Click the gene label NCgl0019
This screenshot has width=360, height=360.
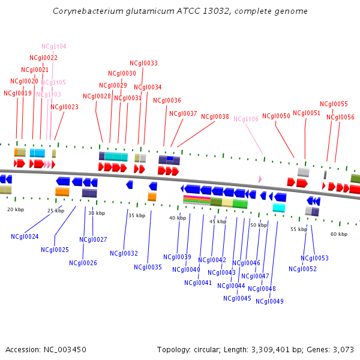[x=17, y=93]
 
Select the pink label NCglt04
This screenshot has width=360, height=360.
[x=53, y=46]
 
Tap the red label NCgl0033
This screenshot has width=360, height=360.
[x=143, y=63]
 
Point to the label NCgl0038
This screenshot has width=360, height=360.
[x=215, y=117]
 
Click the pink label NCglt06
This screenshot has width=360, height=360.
[x=245, y=119]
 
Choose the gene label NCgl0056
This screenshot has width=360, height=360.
[x=340, y=117]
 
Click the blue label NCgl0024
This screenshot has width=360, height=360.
[x=25, y=236]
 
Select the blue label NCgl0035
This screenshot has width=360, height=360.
[x=148, y=267]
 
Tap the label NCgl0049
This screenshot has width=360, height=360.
[x=269, y=301]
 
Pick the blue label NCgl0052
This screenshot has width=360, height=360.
[x=302, y=269]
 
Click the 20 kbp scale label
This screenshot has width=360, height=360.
[x=16, y=209]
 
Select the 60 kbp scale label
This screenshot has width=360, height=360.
[x=338, y=234]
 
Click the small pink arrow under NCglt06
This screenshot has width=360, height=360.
[x=260, y=179]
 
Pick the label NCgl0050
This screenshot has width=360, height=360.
[x=276, y=116]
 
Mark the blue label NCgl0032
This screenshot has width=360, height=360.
[x=124, y=253]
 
